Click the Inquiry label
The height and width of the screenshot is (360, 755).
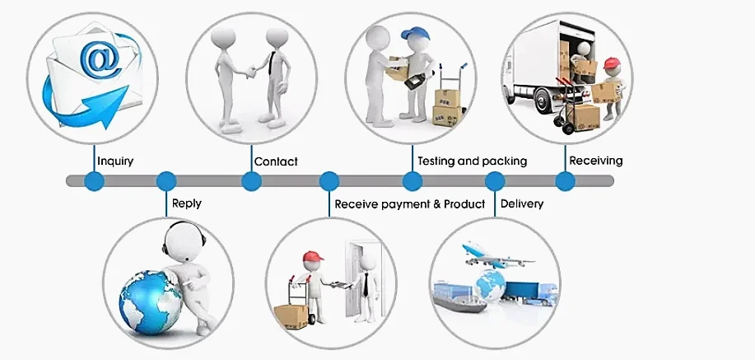[x=115, y=161]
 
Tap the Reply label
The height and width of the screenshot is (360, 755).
[x=187, y=203]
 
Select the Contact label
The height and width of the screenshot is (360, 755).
[x=276, y=161]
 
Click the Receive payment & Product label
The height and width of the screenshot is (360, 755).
[x=409, y=203]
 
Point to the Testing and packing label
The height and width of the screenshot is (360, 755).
[x=472, y=161]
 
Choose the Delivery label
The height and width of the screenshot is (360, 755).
[x=521, y=203]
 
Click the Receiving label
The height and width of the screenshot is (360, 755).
[x=596, y=161]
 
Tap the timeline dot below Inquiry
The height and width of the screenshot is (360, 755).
[x=95, y=181]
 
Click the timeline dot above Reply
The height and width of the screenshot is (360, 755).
[x=166, y=181]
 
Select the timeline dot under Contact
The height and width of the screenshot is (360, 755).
[x=251, y=181]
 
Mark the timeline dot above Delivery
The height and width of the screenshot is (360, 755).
[x=495, y=181]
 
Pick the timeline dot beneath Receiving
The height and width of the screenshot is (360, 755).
[x=565, y=181]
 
